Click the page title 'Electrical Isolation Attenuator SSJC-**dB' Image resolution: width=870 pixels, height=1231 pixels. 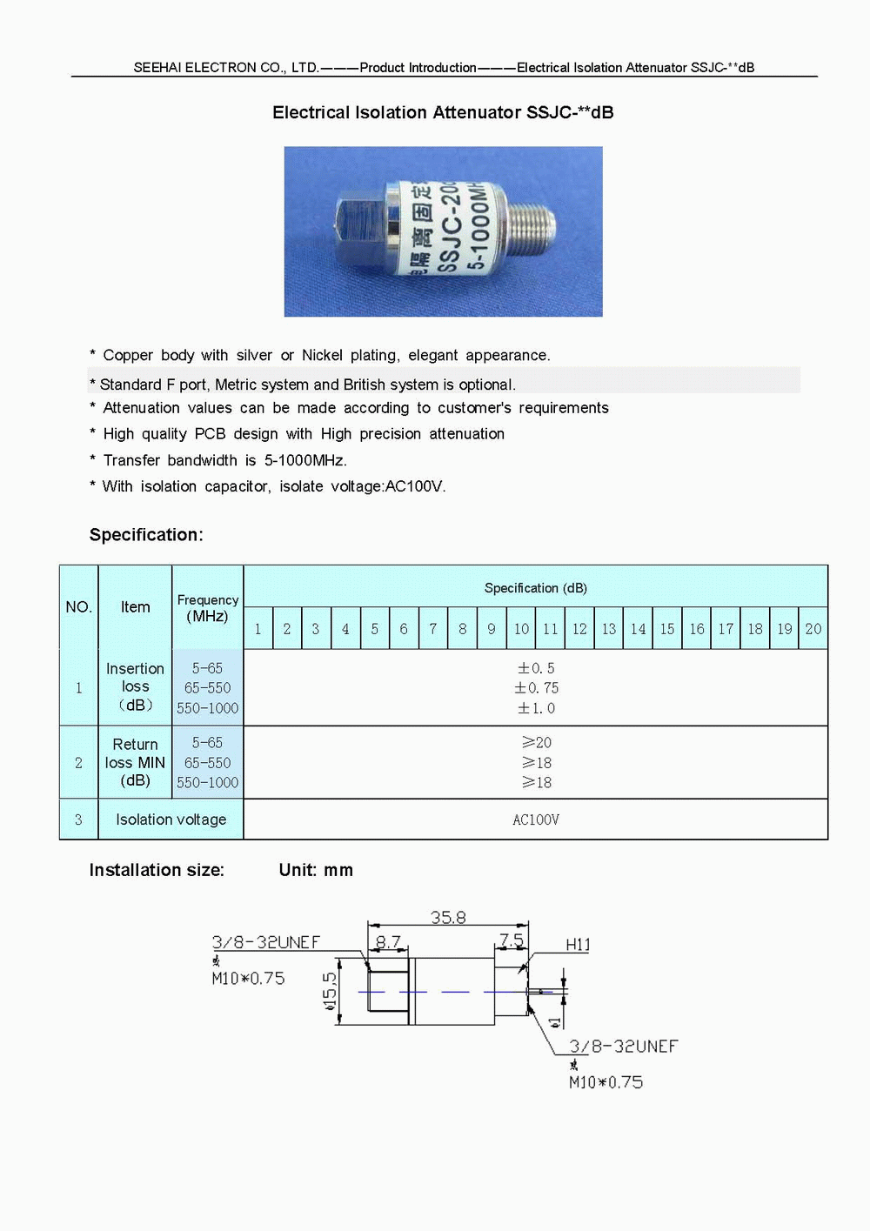(x=443, y=112)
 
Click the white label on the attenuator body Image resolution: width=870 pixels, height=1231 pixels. (x=444, y=228)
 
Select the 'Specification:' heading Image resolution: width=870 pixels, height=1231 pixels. (x=146, y=535)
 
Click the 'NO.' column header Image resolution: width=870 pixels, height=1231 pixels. (x=78, y=607)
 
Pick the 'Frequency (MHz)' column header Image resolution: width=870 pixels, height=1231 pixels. (x=207, y=608)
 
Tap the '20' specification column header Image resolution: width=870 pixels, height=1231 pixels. (x=813, y=629)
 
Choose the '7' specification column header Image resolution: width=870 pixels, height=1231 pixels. (x=432, y=629)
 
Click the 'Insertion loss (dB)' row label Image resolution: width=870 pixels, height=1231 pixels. (x=135, y=686)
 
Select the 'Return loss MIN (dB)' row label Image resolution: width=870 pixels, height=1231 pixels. (x=135, y=762)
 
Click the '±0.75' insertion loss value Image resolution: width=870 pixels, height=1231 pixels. (x=536, y=688)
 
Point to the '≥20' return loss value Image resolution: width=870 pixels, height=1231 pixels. (x=536, y=742)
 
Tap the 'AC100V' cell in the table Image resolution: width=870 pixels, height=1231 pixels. (x=536, y=820)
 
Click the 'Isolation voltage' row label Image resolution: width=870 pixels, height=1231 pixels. (x=171, y=820)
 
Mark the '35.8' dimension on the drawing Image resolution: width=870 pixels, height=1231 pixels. (x=448, y=917)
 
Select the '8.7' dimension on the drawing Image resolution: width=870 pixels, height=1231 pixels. (x=388, y=941)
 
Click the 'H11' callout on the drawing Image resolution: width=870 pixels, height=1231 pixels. (x=578, y=945)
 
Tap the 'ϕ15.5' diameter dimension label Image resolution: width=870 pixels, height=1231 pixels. (x=330, y=992)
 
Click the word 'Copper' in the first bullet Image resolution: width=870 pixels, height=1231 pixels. (x=128, y=355)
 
